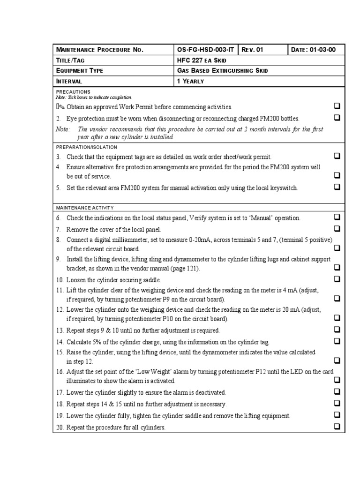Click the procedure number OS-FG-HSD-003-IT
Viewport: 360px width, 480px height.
coord(206,50)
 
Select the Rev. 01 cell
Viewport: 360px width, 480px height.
coord(254,50)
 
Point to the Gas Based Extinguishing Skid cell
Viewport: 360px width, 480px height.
coord(222,71)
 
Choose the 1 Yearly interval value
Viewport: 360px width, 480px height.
coord(190,81)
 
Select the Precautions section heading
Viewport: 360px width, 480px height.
coord(73,91)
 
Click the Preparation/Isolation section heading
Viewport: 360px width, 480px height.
coord(87,147)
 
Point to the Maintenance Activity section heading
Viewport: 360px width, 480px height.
coord(84,207)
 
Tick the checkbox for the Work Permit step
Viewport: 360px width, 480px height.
coord(337,106)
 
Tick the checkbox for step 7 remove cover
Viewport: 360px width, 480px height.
coord(337,229)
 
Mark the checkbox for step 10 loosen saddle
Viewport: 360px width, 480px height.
coord(337,279)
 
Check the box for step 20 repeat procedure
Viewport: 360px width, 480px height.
coord(337,426)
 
